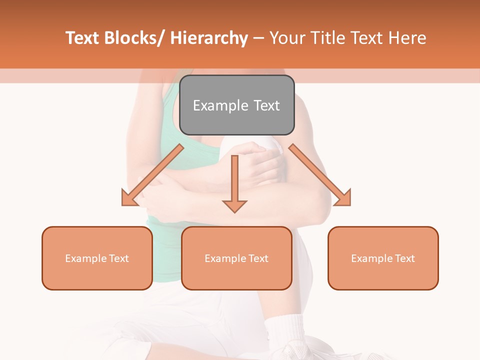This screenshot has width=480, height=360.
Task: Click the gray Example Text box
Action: pyautogui.click(x=236, y=105)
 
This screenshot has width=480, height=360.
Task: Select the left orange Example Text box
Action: pyautogui.click(x=97, y=258)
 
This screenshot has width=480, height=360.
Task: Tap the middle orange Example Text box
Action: pyautogui.click(x=236, y=258)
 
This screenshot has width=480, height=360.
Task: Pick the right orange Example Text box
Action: pyautogui.click(x=383, y=258)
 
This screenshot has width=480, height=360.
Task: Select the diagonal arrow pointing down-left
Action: pyautogui.click(x=153, y=175)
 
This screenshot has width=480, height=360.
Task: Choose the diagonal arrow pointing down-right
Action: pyautogui.click(x=320, y=175)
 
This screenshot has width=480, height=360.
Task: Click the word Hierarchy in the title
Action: pyautogui.click(x=209, y=38)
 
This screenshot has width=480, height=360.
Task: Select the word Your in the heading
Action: pyautogui.click(x=287, y=38)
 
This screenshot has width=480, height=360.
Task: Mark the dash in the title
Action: pyautogui.click(x=258, y=38)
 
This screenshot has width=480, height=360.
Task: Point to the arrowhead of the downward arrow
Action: pyautogui.click(x=234, y=205)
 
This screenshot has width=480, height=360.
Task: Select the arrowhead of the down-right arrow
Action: pyautogui.click(x=344, y=199)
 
